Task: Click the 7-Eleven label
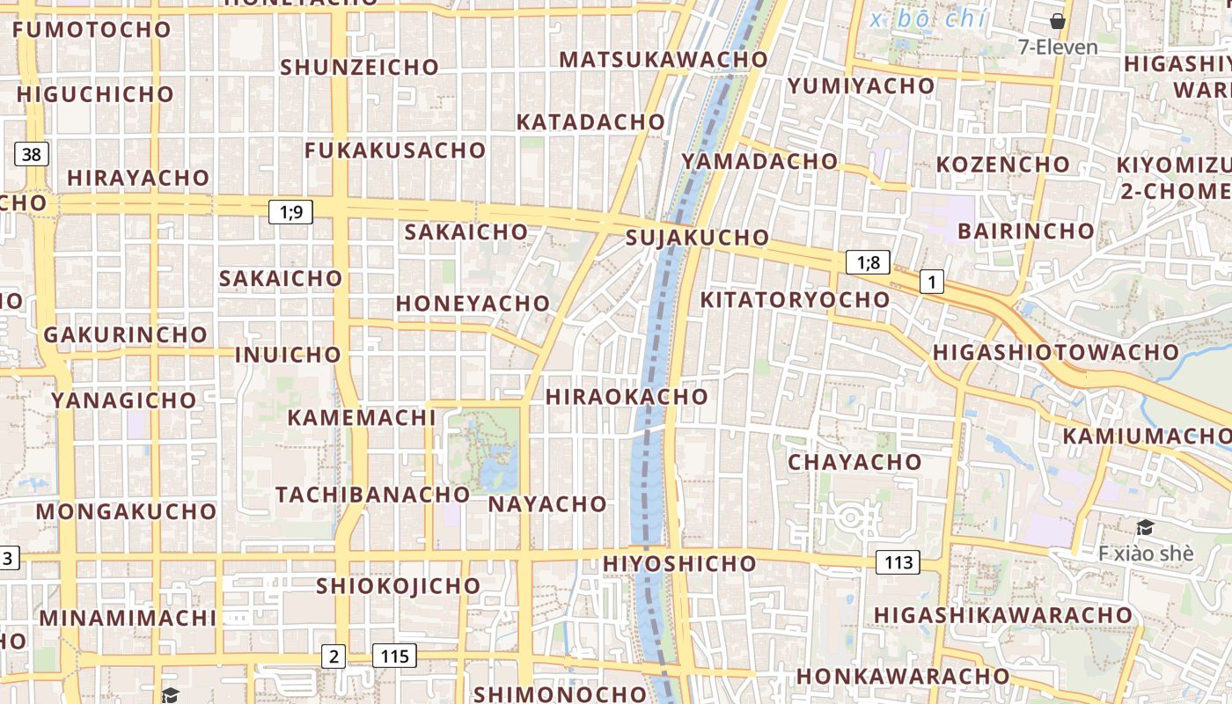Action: tap(1058, 48)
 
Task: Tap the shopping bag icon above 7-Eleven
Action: tap(1058, 21)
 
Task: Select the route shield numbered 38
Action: tap(31, 155)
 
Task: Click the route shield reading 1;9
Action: tap(290, 211)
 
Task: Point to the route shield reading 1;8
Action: tap(868, 262)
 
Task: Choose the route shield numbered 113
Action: tap(898, 562)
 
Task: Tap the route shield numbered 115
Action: tap(394, 656)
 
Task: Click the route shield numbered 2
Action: tap(333, 656)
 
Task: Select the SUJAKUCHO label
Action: tap(697, 238)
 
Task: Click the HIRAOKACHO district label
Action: tap(627, 397)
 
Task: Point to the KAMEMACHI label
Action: tap(362, 417)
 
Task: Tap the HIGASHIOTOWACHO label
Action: tap(1055, 352)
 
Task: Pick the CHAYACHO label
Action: tap(854, 462)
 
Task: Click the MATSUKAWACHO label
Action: tap(664, 60)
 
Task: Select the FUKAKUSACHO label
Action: tap(395, 150)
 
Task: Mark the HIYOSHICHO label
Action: tap(679, 563)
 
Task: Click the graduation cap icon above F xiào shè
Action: tap(1145, 528)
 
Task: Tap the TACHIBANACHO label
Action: tap(373, 495)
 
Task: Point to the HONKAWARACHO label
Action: tap(903, 676)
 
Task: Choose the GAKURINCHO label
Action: tap(125, 335)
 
